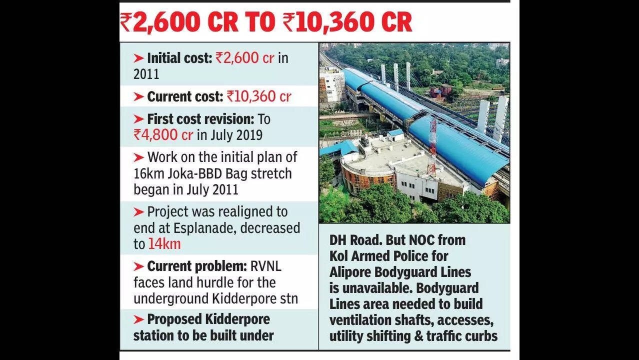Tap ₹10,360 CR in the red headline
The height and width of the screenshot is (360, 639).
[347, 23]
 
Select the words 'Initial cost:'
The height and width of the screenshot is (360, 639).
[179, 58]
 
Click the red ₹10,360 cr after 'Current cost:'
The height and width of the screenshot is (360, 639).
[258, 96]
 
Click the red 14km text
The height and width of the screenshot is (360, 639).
[164, 244]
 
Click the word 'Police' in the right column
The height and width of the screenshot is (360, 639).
[425, 256]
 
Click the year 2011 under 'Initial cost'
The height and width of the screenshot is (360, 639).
[146, 74]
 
